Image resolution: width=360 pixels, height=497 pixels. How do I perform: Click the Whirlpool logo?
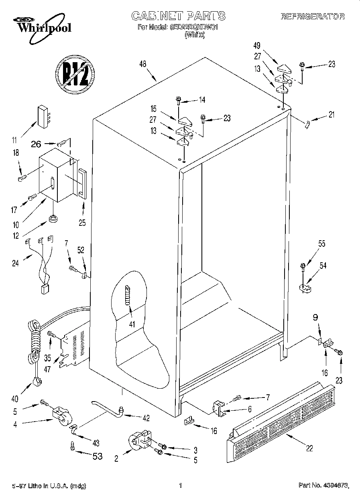click(x=39, y=25)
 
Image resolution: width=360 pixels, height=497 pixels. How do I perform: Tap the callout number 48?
click(x=143, y=64)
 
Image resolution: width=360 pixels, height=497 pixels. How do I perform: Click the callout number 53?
click(x=98, y=456)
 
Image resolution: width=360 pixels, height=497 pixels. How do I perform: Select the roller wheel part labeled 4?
click(x=61, y=416)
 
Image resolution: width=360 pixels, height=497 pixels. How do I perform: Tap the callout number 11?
click(x=15, y=140)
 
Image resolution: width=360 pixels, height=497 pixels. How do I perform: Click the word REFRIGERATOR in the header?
click(x=312, y=16)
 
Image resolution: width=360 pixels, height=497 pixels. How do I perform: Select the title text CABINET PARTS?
click(x=179, y=16)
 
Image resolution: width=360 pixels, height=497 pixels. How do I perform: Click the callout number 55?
click(x=321, y=244)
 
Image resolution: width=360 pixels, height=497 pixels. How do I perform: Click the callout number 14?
click(x=201, y=100)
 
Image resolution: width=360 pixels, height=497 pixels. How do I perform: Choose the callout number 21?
click(x=331, y=115)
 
